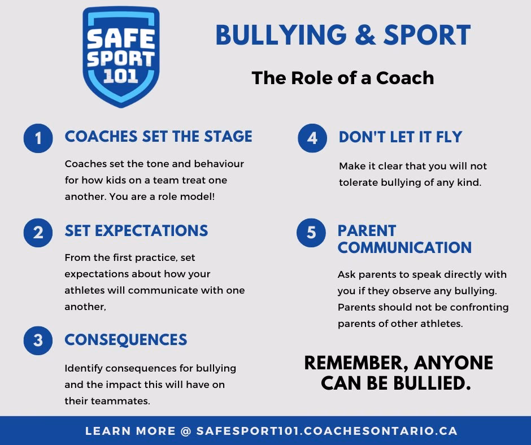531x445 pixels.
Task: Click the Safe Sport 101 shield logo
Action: [x=121, y=57]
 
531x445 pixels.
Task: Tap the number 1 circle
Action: [x=38, y=138]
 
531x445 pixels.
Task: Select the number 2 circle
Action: [x=38, y=233]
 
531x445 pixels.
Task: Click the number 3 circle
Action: [x=38, y=341]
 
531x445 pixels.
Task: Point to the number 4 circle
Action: [x=312, y=138]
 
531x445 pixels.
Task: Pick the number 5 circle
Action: [x=311, y=232]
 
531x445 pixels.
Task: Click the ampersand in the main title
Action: [x=365, y=35]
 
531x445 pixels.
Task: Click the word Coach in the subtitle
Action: [x=405, y=78]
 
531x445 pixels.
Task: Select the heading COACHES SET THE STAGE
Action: [x=159, y=137]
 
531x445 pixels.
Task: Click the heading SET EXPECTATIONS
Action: [x=137, y=230]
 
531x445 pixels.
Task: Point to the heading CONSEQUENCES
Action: [x=125, y=339]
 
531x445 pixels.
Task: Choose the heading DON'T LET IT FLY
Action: [x=401, y=137]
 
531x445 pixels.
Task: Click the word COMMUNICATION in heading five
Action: [x=404, y=247]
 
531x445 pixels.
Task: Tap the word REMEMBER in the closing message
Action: [x=356, y=363]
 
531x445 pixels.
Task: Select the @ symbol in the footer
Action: [x=186, y=431]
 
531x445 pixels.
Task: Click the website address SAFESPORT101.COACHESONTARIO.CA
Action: [x=327, y=431]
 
